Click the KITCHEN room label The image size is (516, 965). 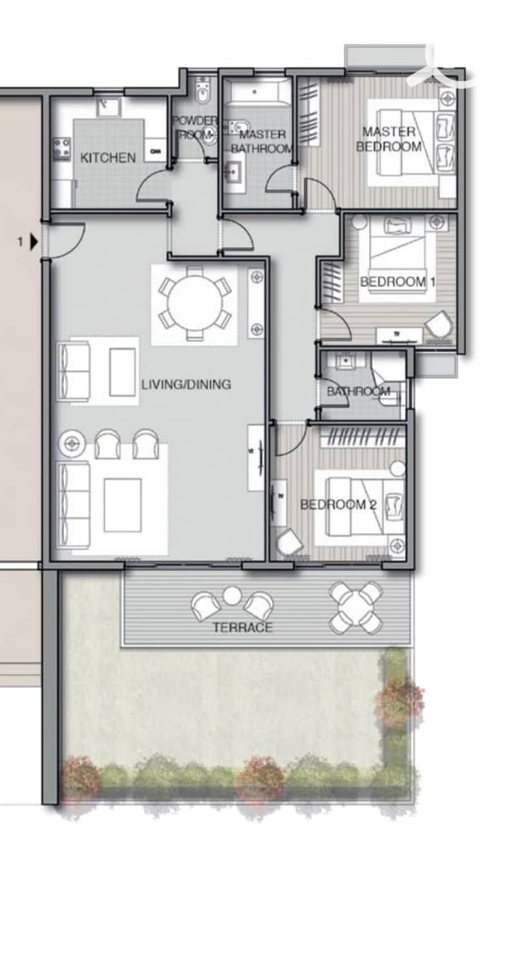[108, 157]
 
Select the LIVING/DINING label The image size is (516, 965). [186, 384]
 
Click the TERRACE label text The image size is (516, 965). [243, 627]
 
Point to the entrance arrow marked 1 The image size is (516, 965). [34, 242]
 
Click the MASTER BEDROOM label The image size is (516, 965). [388, 139]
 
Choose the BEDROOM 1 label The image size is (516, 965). [397, 282]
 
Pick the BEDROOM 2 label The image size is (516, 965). [339, 504]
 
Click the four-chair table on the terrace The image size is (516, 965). [356, 608]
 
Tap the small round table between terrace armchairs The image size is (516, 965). [232, 595]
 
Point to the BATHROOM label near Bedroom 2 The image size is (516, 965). [359, 392]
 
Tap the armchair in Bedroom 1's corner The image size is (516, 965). [439, 324]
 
